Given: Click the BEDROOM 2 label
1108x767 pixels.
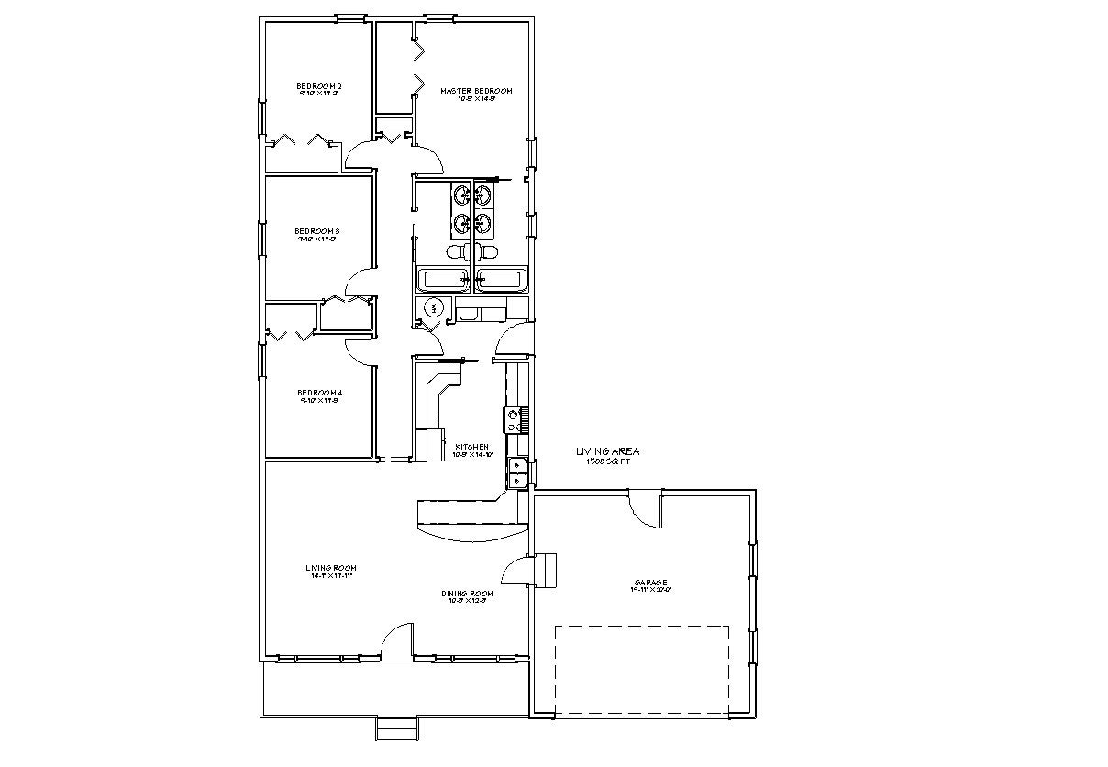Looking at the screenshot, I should [x=319, y=87].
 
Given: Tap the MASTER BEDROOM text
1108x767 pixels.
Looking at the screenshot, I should [x=475, y=91].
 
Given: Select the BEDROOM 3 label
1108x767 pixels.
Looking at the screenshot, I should [x=317, y=231].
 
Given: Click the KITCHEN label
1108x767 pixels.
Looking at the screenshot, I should [x=474, y=447].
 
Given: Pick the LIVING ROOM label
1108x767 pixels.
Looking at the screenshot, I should [x=331, y=569].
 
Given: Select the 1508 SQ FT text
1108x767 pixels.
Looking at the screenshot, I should [x=608, y=461].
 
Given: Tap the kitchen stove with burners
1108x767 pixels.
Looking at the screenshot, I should [x=513, y=419].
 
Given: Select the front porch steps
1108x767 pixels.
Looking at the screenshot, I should [x=397, y=728].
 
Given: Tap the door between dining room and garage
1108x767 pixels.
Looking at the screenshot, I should [x=518, y=571].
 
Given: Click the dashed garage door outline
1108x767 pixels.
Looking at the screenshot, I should [x=642, y=670].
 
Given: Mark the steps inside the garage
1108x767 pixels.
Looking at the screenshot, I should [x=546, y=569].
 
